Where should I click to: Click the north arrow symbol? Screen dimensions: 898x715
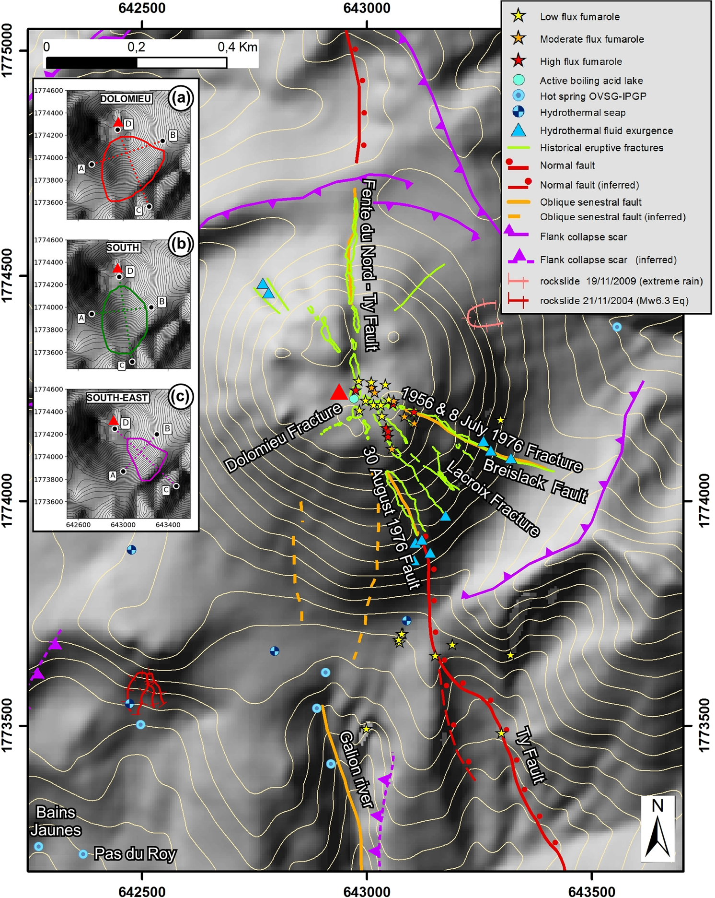[657, 828]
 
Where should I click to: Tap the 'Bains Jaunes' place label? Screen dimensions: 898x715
[56, 821]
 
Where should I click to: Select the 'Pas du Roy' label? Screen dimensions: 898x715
[135, 854]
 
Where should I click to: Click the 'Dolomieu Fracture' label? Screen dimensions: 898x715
[283, 437]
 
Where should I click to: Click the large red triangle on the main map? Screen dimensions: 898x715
[339, 392]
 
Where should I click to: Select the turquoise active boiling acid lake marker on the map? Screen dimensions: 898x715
[354, 399]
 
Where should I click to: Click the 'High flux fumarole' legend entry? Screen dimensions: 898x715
[580, 61]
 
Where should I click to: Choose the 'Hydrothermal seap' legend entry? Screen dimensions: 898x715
[582, 113]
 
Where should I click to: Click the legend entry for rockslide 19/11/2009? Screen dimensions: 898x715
[621, 281]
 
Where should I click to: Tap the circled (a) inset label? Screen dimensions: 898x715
[180, 98]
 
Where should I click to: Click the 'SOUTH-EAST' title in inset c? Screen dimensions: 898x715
[117, 398]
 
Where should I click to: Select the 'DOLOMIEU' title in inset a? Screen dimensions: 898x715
[126, 99]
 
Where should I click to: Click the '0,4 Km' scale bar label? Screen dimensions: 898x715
[237, 47]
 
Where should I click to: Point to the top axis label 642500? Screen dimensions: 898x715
[142, 8]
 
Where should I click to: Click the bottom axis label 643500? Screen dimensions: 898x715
[591, 891]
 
